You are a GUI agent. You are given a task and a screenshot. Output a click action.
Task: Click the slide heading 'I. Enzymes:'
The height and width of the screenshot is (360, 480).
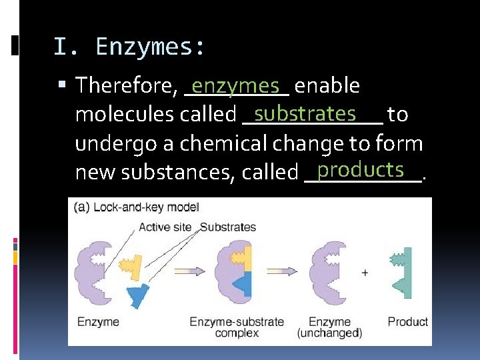pos(129,47)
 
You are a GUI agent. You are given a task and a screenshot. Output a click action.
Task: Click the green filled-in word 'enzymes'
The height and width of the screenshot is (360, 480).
pos(235,85)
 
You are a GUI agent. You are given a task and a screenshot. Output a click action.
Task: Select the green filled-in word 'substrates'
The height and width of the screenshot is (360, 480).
pos(305,113)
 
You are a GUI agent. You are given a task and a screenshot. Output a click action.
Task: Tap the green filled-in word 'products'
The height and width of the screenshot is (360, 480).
pos(361,170)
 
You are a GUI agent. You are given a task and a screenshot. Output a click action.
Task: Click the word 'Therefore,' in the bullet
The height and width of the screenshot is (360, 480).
pos(126,86)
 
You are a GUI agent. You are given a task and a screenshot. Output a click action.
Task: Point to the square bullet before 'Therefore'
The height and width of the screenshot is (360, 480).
pos(62,86)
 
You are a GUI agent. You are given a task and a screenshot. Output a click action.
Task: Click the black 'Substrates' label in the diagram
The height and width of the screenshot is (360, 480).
pos(228,227)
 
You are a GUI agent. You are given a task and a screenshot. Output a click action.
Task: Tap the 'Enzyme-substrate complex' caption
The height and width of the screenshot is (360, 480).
pos(237,327)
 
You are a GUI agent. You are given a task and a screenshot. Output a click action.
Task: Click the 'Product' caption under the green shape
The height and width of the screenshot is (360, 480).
pos(407,322)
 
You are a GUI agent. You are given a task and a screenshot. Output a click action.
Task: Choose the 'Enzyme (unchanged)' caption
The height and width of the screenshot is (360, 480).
pos(329,327)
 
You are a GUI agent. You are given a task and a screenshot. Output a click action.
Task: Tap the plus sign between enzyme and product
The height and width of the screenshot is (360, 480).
pos(365,273)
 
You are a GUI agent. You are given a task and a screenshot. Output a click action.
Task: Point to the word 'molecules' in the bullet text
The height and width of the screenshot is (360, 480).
pos(125,115)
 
